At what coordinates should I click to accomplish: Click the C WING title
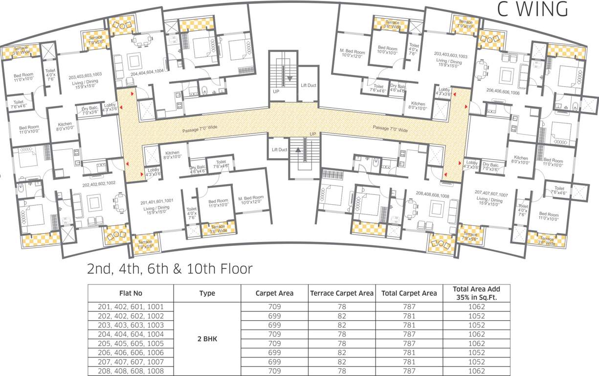[x=532, y=9]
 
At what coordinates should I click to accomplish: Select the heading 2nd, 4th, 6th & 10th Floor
[x=170, y=269]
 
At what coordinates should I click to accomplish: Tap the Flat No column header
[x=131, y=293]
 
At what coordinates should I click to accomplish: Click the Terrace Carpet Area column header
[x=342, y=293]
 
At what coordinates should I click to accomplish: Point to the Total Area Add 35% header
[x=476, y=293]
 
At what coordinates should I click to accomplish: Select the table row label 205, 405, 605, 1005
[x=131, y=344]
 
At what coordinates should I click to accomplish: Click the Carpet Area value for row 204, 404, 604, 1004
[x=274, y=334]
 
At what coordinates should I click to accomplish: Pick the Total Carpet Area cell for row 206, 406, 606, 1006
[x=409, y=352]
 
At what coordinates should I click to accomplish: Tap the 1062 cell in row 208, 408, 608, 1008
[x=476, y=371]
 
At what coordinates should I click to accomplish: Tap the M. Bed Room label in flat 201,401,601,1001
[x=251, y=200]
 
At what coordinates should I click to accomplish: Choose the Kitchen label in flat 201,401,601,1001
[x=173, y=155]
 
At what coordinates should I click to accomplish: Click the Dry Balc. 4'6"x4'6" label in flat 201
[x=198, y=169]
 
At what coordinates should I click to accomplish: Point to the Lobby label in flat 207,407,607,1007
[x=472, y=165]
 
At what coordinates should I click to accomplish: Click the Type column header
[x=207, y=293]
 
